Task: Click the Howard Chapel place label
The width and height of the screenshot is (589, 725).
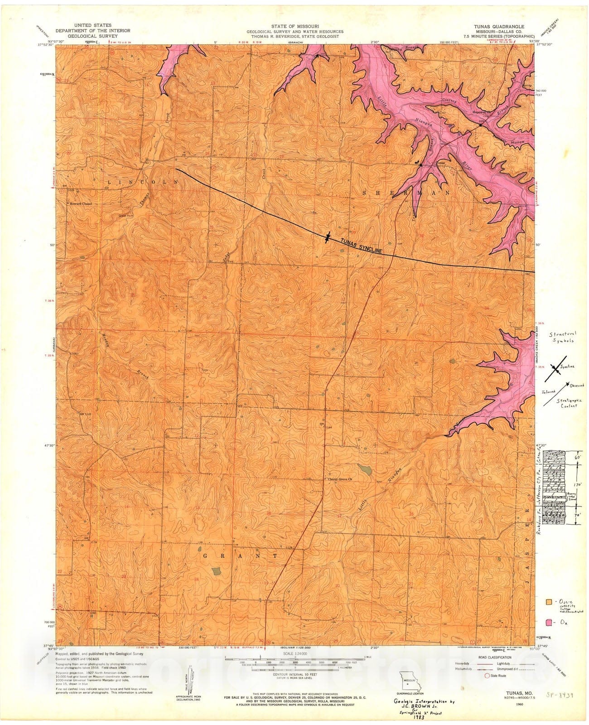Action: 80,204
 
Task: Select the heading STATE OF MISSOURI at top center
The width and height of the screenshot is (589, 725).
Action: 295,26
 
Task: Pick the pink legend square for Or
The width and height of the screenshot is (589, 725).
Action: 549,622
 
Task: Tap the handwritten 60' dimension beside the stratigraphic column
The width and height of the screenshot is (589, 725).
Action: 576,458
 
